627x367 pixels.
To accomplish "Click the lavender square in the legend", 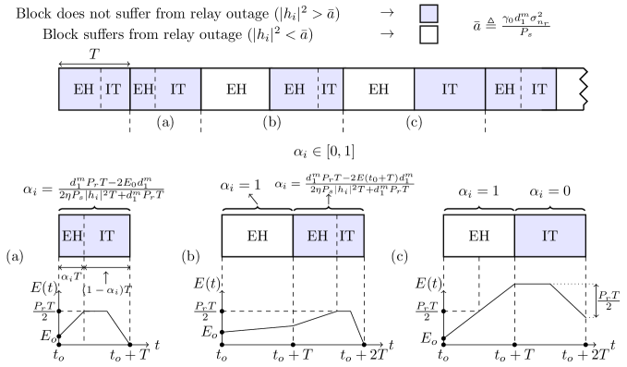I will tap(428, 14).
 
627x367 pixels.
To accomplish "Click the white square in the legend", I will tap(428, 35).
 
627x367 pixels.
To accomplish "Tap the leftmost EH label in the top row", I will tap(83, 90).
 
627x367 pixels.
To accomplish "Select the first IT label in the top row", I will tap(113, 90).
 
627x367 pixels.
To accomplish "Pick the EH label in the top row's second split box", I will tap(143, 90).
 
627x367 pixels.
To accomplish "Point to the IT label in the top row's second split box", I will tap(177, 90).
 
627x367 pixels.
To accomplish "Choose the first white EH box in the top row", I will tap(235, 90).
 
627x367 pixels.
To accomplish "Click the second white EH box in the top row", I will tap(379, 90).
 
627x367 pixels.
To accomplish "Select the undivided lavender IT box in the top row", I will tap(450, 90).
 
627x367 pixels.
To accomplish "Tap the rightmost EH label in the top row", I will tap(504, 90).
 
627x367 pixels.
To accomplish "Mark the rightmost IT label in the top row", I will tap(538, 90).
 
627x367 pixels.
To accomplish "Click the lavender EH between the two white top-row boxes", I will tap(295, 90).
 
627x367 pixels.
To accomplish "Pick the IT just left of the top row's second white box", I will tap(329, 90).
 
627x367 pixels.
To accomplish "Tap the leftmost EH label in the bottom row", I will tap(72, 236).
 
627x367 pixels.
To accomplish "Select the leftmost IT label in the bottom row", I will tap(107, 236).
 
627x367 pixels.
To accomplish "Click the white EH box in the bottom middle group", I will tap(258, 236).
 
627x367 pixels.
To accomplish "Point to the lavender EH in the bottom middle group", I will tap(317, 236).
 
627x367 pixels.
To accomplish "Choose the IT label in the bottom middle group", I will tap(347, 236).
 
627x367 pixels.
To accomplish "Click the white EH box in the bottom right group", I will tap(478, 236).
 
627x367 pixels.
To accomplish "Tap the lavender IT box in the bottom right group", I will tap(549, 236).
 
